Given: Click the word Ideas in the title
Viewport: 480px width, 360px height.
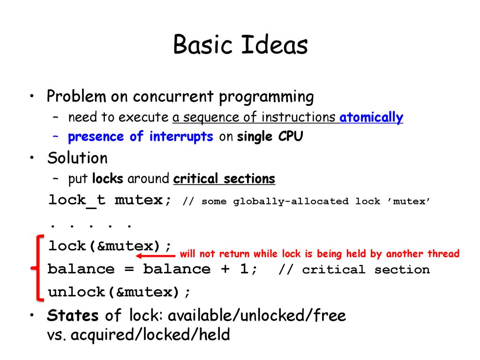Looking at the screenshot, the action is (x=274, y=45).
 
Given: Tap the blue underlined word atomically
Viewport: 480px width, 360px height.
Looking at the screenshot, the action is (x=371, y=118).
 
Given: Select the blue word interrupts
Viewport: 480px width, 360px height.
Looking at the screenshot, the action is (x=181, y=136).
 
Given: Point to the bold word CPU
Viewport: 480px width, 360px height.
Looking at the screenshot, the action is (x=291, y=136).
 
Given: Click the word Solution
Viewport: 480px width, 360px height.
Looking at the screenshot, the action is (x=77, y=158).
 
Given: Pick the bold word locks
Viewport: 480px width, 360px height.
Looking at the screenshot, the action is (x=107, y=179).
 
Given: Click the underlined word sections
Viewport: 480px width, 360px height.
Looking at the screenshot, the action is (x=249, y=179).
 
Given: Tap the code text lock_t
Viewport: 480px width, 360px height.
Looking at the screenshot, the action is (x=77, y=201).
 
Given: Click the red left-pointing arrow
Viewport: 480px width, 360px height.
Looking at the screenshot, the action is (x=156, y=255).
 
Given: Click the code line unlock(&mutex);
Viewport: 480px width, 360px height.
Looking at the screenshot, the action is (x=119, y=292).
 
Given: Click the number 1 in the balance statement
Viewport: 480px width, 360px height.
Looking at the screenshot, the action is (x=244, y=269).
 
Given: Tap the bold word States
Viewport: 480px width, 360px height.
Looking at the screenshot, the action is (x=73, y=315).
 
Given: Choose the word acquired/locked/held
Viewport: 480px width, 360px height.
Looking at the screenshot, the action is (x=150, y=335).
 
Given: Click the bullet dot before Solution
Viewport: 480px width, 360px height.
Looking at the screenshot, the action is (x=32, y=157).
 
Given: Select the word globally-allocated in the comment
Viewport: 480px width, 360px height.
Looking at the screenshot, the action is (x=291, y=202).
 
